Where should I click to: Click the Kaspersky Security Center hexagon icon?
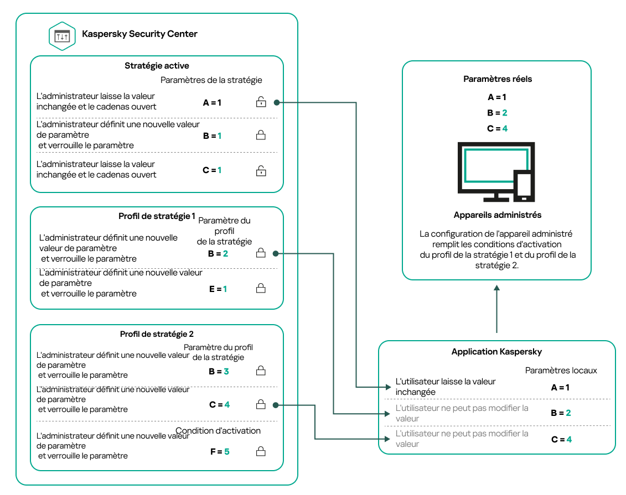click(62, 37)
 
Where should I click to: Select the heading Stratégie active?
click(157, 66)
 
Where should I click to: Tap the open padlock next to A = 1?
click(260, 102)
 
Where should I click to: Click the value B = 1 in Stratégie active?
click(212, 136)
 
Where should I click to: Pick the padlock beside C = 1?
click(260, 170)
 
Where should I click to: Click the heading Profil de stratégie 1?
click(157, 216)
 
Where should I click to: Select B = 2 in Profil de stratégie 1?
click(218, 254)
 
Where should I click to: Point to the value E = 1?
click(218, 289)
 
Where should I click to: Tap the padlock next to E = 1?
click(260, 288)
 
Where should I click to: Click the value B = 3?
click(219, 372)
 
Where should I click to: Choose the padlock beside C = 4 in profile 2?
click(260, 405)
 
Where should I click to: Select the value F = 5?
click(219, 452)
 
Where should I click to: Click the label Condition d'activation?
click(218, 431)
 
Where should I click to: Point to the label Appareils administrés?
click(497, 215)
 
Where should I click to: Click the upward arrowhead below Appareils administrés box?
click(497, 289)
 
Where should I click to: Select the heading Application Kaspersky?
click(496, 352)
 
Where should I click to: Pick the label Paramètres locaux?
click(561, 370)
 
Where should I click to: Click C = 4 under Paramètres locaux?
click(560, 440)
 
